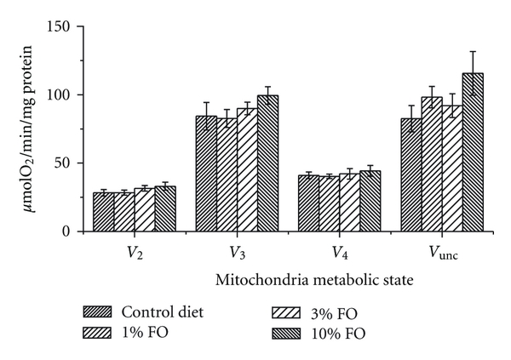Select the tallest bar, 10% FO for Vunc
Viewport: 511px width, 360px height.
tap(473, 152)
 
